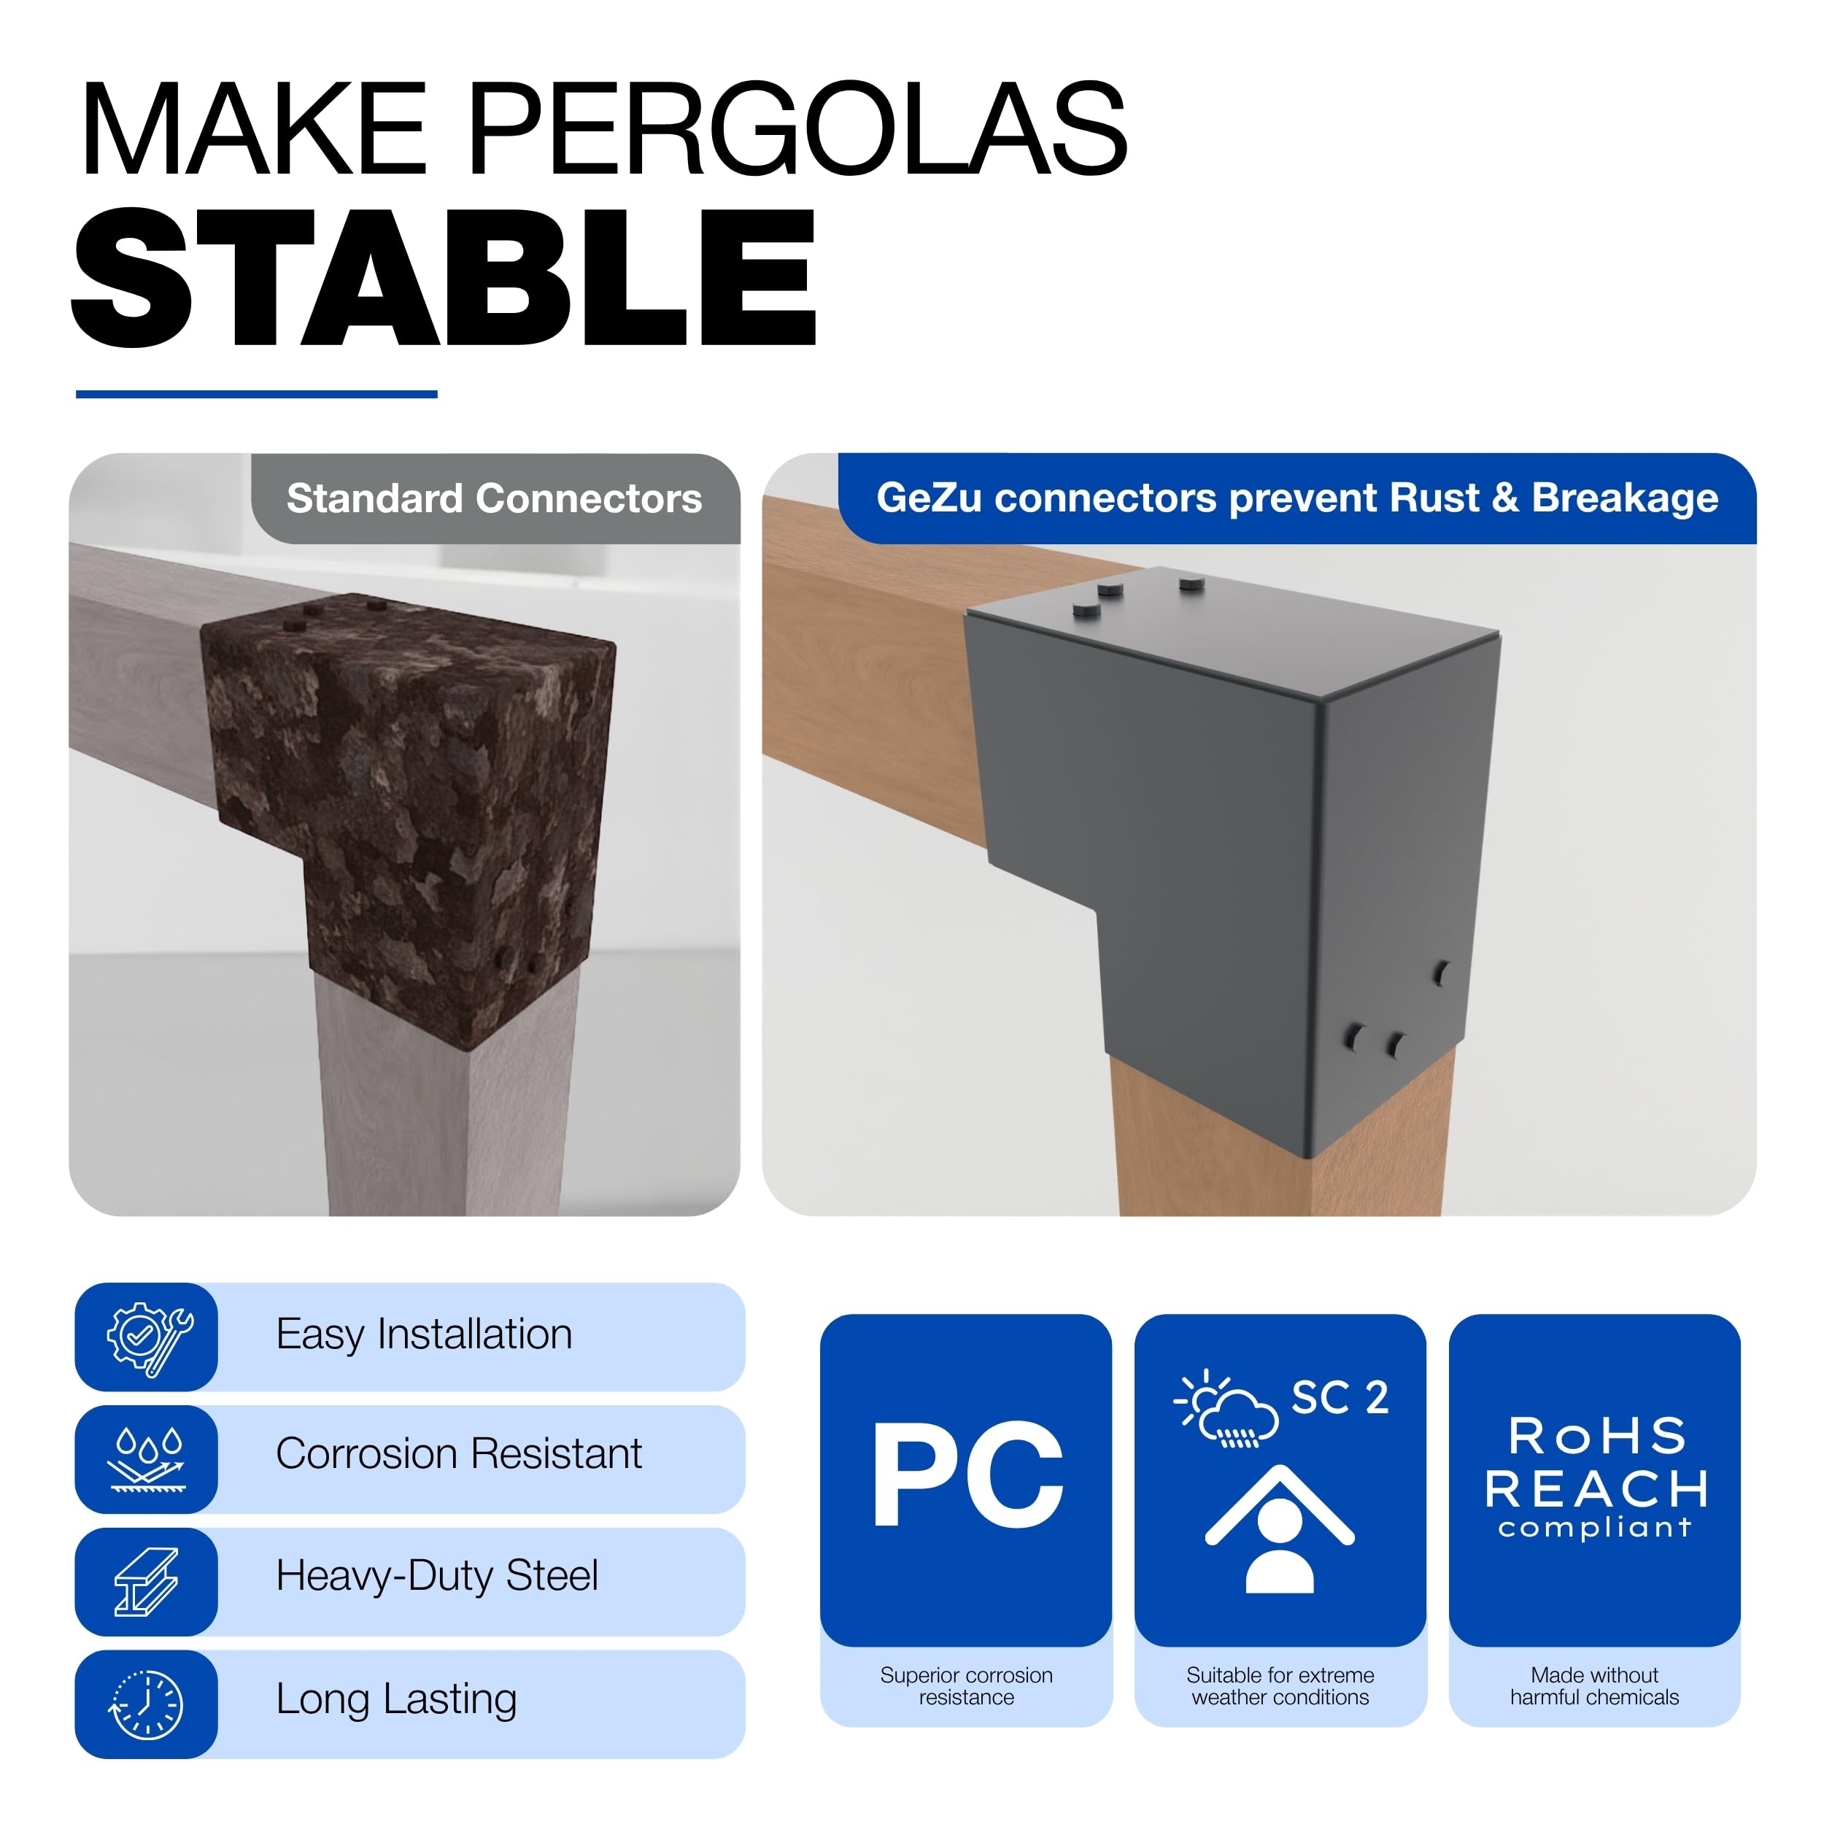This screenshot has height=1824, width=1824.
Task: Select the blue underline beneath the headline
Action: pos(256,394)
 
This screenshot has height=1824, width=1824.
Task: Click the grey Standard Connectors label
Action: pos(495,498)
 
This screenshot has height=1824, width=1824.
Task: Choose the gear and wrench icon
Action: pos(149,1339)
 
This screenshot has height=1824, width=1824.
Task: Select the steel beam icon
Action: pos(147,1583)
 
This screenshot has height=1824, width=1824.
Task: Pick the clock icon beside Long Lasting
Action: pos(147,1705)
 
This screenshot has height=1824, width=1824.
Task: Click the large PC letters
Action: pos(967,1475)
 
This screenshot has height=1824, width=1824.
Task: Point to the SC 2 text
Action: pos(1340,1397)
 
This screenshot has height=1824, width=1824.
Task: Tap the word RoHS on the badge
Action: pos(1596,1436)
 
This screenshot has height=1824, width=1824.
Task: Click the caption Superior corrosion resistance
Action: pos(967,1685)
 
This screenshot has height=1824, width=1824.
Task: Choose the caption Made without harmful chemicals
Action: pos(1595,1685)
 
